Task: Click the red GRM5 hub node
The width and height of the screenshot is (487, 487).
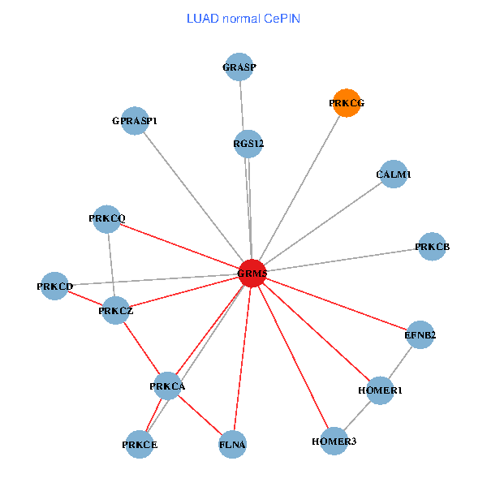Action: [x=252, y=274]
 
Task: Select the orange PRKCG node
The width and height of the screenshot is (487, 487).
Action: [x=347, y=103]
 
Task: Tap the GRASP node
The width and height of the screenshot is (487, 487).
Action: [x=239, y=67]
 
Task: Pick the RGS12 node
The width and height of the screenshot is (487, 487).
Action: [x=248, y=144]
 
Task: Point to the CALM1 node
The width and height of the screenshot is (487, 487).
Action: [x=394, y=175]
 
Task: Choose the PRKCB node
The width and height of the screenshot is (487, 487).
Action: [x=432, y=246]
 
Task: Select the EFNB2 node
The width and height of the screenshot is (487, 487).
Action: [x=420, y=334]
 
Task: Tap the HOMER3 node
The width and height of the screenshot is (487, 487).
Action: [x=334, y=441]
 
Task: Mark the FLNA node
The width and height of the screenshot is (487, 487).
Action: [x=232, y=444]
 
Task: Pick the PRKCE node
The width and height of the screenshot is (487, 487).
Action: [x=140, y=444]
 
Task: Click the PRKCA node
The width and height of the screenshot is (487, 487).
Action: [x=168, y=386]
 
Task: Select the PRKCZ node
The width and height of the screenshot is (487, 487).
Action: [x=116, y=311]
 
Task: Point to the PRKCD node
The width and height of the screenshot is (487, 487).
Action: [x=55, y=287]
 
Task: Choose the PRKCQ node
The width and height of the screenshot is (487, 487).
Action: [x=107, y=218]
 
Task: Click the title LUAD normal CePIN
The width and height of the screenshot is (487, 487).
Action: [x=243, y=18]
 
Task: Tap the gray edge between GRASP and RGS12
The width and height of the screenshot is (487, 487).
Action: [x=243, y=106]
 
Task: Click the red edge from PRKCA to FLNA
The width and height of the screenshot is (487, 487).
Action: [x=200, y=416]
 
